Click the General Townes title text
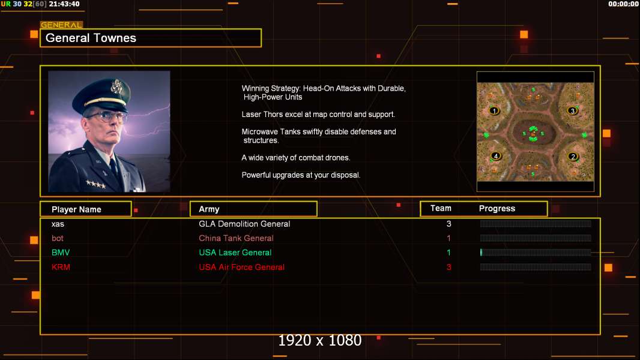pos(91,38)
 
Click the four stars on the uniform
pos(96,184)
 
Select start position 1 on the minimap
pos(494,110)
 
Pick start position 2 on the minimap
pos(573,157)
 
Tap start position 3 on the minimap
pos(573,110)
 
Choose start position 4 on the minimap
pos(496,156)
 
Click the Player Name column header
pos(76,209)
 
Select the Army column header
pos(209,209)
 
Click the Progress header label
pos(497,208)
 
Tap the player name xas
pos(58,224)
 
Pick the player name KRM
pos(61,267)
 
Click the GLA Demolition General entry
pos(244,224)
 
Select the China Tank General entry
pos(236,238)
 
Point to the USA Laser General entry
pos(235,253)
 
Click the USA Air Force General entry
pos(241,267)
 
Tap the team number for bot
pos(448,238)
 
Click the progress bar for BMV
pos(536,253)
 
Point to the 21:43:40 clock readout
pos(64,4)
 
